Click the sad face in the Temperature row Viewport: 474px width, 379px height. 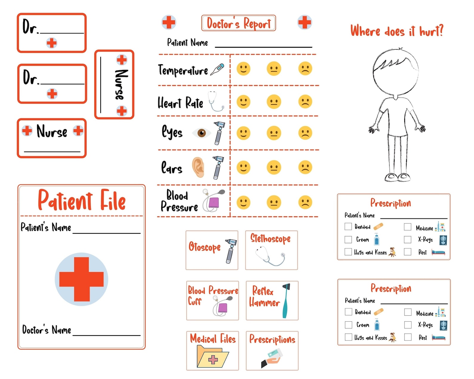[305, 69]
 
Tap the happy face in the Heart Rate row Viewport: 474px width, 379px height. [243, 102]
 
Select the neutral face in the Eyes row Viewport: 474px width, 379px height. [274, 133]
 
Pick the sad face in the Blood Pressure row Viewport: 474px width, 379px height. [305, 203]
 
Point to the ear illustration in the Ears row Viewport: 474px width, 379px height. [198, 167]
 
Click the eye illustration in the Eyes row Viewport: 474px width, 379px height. [201, 133]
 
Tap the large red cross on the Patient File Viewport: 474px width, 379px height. [81, 279]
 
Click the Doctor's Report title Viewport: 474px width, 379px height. [238, 23]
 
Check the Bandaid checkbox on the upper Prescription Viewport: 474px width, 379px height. [348, 226]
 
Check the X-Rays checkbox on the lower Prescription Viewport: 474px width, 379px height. [408, 325]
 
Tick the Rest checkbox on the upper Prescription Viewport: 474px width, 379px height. [407, 252]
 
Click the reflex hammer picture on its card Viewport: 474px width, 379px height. [286, 300]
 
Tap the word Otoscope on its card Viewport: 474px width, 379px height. [204, 247]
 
